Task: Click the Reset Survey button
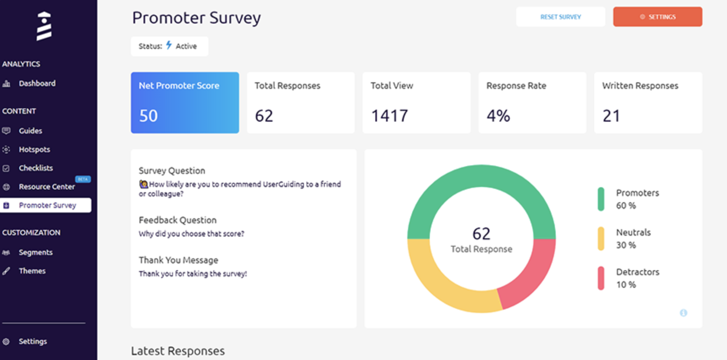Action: tap(560, 17)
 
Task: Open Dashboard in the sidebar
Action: tap(37, 83)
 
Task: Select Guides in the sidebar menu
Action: tap(30, 131)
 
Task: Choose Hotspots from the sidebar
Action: tap(34, 149)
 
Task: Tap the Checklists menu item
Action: tap(36, 168)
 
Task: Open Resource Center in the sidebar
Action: tap(47, 187)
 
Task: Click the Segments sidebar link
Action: tap(36, 252)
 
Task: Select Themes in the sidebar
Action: tap(32, 271)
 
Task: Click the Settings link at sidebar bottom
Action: tap(32, 342)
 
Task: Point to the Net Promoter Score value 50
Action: tap(149, 116)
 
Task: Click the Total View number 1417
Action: tap(390, 116)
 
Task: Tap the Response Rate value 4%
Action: tap(498, 116)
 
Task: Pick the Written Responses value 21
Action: tap(611, 116)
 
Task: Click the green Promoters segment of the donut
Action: tap(481, 176)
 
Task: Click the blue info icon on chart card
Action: tap(683, 313)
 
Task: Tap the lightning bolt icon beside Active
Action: tap(169, 45)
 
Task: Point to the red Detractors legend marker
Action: tap(601, 278)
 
